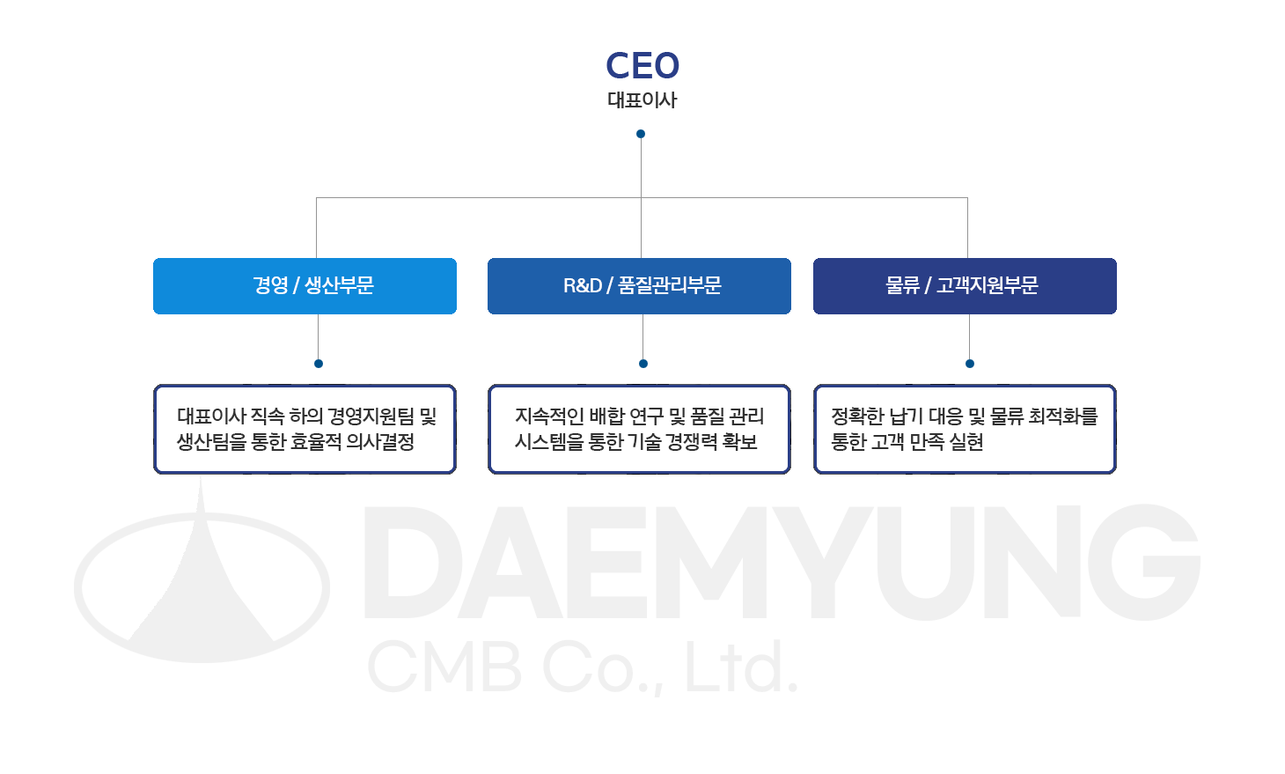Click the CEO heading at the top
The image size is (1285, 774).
point(642,65)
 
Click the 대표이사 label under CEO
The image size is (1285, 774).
point(642,100)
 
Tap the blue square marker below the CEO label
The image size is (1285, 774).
point(641,134)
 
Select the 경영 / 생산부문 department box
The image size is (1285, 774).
point(305,286)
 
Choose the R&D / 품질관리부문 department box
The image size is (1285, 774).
point(639,286)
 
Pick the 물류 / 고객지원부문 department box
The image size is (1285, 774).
point(965,286)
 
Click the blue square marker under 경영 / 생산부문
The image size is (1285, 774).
point(319,364)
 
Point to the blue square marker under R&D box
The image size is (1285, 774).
point(643,364)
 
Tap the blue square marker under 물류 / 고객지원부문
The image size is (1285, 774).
point(970,364)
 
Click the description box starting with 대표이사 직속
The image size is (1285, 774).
point(305,430)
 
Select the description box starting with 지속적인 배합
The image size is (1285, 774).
point(639,430)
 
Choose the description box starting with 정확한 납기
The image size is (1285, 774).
point(965,430)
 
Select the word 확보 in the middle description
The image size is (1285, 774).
point(739,442)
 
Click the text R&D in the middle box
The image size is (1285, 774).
point(583,286)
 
